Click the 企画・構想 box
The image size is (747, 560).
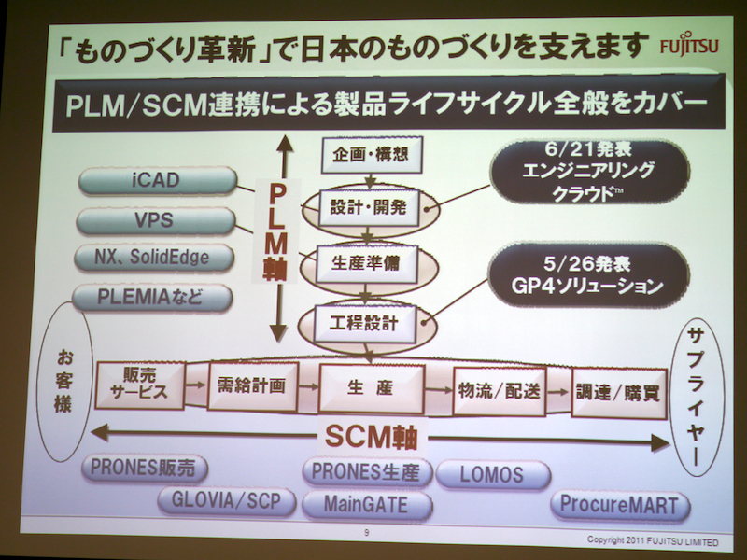click(365, 154)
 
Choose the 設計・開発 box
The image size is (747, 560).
click(370, 207)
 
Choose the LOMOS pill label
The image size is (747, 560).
click(491, 474)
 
